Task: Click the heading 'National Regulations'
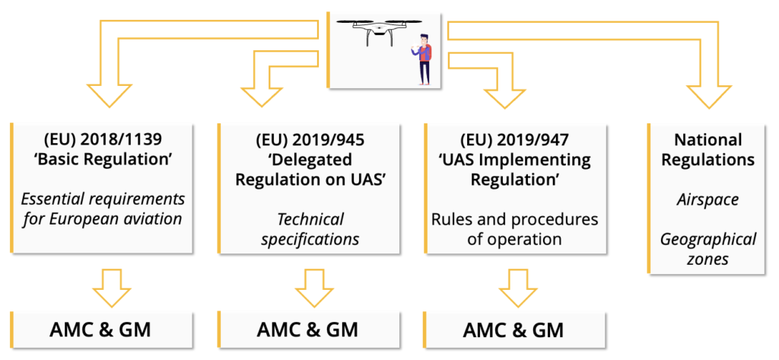707,150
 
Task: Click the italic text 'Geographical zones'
707,249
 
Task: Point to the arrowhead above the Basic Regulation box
113,95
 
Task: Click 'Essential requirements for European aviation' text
103,210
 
